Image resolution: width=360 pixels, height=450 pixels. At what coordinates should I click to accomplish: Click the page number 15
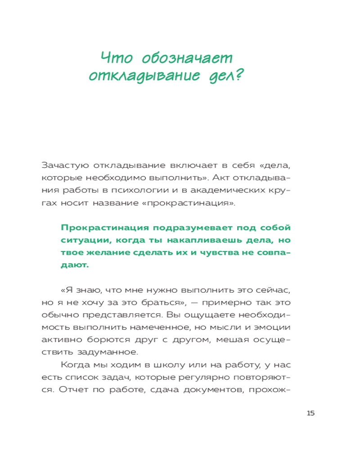(x=310, y=413)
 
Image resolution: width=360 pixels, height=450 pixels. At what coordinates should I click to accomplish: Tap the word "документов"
(x=207, y=391)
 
